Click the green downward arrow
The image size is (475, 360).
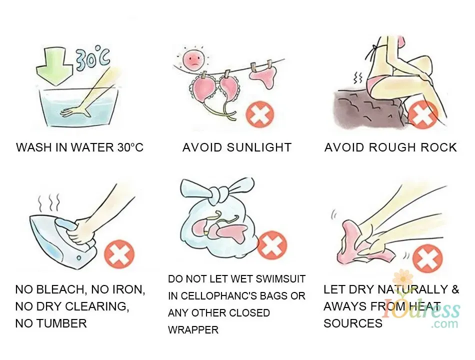pyautogui.click(x=54, y=67)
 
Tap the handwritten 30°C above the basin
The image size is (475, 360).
pyautogui.click(x=92, y=58)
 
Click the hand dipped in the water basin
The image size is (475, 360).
pyautogui.click(x=75, y=112)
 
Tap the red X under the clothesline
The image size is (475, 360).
pyautogui.click(x=260, y=114)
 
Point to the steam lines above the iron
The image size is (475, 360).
pyautogui.click(x=49, y=202)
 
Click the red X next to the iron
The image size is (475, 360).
pyautogui.click(x=119, y=254)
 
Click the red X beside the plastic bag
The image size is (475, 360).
pyautogui.click(x=271, y=245)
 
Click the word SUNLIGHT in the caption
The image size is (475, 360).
pyautogui.click(x=259, y=147)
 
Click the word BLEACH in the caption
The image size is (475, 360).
pyautogui.click(x=62, y=289)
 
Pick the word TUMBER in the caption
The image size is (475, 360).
pyautogui.click(x=61, y=323)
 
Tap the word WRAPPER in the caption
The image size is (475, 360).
pyautogui.click(x=193, y=329)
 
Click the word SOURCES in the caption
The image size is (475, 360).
pyautogui.click(x=353, y=323)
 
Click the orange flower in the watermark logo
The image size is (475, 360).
pyautogui.click(x=403, y=277)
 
